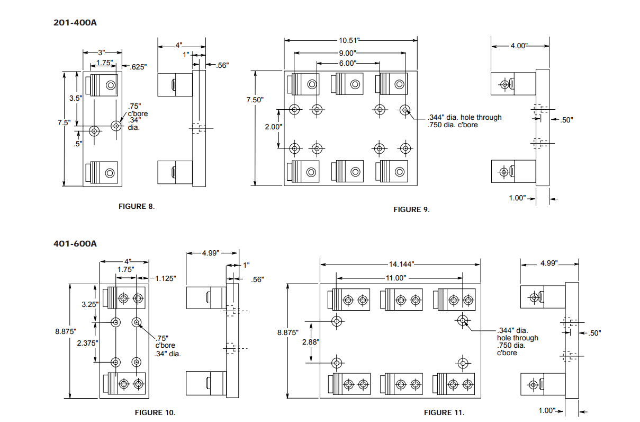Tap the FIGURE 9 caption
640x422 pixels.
(x=411, y=210)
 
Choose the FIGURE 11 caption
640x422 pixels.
(x=444, y=412)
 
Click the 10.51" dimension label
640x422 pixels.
(x=350, y=40)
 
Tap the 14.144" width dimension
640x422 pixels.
(x=401, y=264)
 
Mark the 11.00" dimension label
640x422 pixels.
(x=395, y=278)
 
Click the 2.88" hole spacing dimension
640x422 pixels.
(x=311, y=342)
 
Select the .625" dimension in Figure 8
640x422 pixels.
(x=138, y=66)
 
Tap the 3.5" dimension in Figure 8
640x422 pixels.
(x=76, y=98)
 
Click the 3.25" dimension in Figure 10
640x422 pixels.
(x=89, y=304)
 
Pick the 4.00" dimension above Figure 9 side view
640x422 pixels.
(x=519, y=46)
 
